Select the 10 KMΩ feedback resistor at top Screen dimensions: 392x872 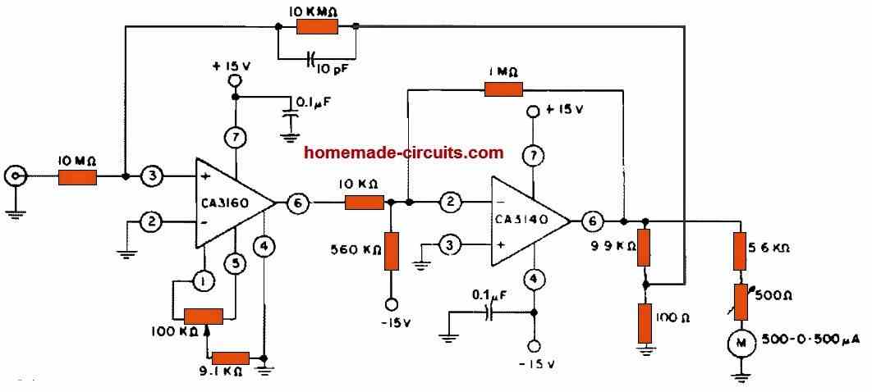click(x=317, y=27)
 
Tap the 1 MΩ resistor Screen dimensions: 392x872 click(x=503, y=89)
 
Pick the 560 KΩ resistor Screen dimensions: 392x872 click(x=391, y=251)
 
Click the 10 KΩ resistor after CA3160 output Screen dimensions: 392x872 click(x=364, y=202)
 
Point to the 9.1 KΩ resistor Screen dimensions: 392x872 click(x=231, y=358)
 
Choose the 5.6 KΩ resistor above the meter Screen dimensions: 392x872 click(x=741, y=247)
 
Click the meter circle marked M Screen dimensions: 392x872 click(x=741, y=343)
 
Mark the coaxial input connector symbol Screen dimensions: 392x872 click(x=15, y=175)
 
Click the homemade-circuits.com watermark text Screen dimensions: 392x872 click(x=403, y=152)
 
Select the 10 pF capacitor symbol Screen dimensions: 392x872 click(x=310, y=59)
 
